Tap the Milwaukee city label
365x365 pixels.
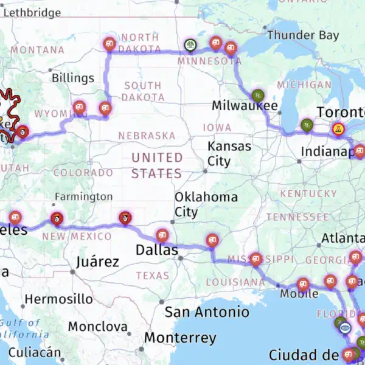[x=245, y=106]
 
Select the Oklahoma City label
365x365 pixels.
[x=206, y=204]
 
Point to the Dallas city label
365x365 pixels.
[x=157, y=250]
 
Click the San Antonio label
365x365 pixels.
[x=207, y=312]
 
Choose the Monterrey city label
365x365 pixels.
[x=180, y=338]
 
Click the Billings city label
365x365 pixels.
[x=73, y=78]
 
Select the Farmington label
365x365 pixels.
[x=84, y=196]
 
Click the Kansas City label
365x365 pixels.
[x=229, y=154]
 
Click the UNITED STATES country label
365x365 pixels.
[x=157, y=165]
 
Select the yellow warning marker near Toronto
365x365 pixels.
[x=337, y=128]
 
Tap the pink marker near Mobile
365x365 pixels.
[x=303, y=283]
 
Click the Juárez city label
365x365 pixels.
[x=98, y=262]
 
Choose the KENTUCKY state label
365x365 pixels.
[x=313, y=193]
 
